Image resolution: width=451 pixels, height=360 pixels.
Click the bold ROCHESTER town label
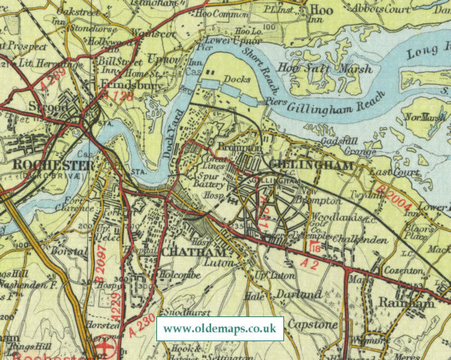[53, 165]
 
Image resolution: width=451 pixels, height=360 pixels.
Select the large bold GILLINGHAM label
[301, 165]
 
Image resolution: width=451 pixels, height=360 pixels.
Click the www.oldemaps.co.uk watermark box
[219, 329]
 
